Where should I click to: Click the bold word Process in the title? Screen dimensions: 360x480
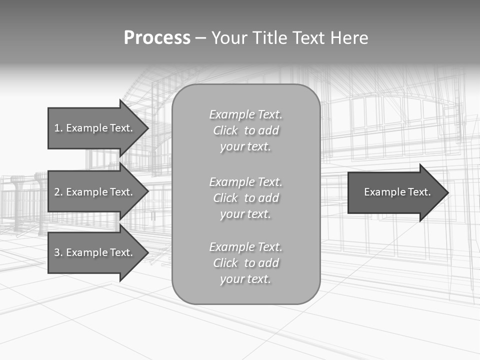point(157,38)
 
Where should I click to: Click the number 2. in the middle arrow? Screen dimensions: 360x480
point(58,192)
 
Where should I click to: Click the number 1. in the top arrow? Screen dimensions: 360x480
point(58,128)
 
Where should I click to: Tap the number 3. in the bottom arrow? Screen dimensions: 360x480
point(58,252)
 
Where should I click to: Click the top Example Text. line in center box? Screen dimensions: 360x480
point(245,114)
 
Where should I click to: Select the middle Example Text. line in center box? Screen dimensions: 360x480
point(245,182)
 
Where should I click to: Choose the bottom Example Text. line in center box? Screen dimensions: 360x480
point(245,247)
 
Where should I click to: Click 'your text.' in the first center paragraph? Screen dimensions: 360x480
point(245,147)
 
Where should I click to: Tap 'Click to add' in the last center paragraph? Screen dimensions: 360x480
point(245,263)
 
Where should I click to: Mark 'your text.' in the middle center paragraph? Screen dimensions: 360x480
point(245,214)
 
